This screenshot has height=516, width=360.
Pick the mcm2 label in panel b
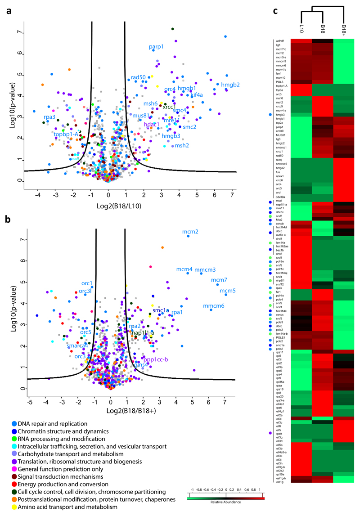(190, 232)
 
